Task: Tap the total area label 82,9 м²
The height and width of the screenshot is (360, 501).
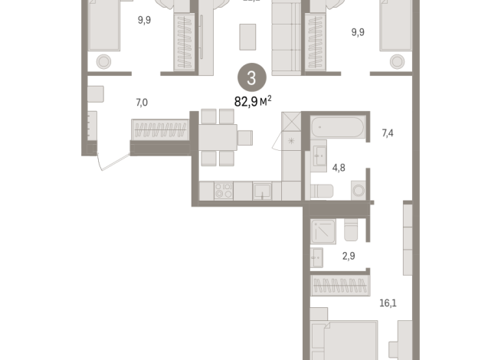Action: coord(252,99)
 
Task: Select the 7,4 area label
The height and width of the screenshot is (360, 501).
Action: coord(388,133)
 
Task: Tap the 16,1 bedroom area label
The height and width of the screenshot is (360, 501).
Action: coord(388,303)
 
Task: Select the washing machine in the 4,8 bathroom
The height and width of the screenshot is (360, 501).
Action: coord(358,190)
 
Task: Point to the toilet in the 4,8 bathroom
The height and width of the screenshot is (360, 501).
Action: coord(321,191)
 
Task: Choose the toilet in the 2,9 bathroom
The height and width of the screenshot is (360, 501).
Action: coord(352,230)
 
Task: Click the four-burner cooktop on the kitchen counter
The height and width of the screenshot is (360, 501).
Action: coord(223,191)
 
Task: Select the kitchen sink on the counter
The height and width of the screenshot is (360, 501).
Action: coord(263,191)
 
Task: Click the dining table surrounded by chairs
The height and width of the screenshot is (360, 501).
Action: coord(218,138)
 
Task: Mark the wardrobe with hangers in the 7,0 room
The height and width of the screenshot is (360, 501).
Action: coord(161,130)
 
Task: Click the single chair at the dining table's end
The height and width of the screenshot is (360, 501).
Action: coord(244,138)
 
